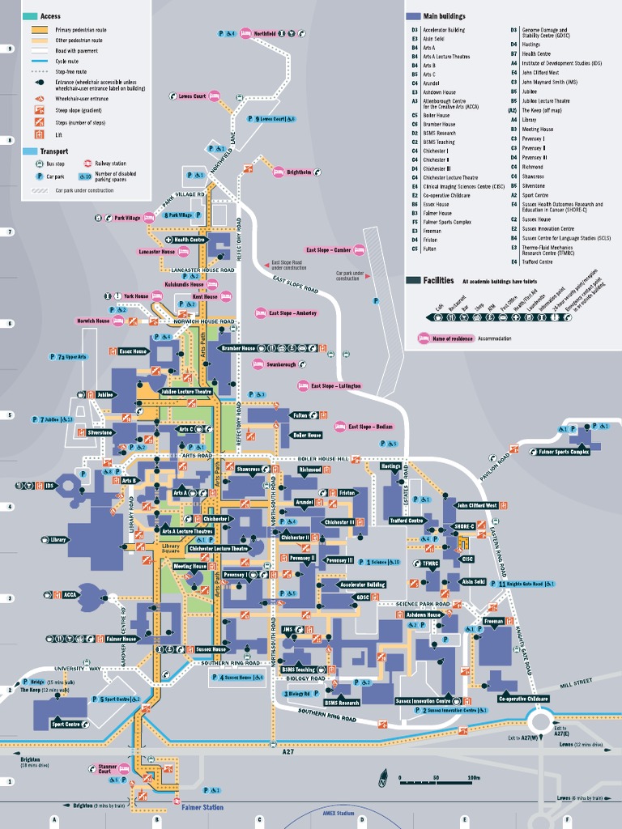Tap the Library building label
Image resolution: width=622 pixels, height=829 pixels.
pyautogui.click(x=58, y=539)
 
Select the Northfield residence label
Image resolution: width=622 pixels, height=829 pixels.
pyautogui.click(x=264, y=33)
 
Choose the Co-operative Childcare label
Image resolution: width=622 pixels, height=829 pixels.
pyautogui.click(x=523, y=699)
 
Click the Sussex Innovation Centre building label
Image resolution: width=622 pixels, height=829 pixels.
pyautogui.click(x=424, y=700)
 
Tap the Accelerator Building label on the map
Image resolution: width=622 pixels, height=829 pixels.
pyautogui.click(x=362, y=583)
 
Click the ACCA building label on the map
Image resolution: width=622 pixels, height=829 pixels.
pyautogui.click(x=70, y=594)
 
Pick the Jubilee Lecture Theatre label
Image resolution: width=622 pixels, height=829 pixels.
pyautogui.click(x=186, y=392)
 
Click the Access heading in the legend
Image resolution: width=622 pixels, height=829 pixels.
pyautogui.click(x=50, y=16)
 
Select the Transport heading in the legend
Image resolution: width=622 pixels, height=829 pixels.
pyautogui.click(x=53, y=151)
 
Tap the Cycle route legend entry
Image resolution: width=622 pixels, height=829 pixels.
pyautogui.click(x=66, y=62)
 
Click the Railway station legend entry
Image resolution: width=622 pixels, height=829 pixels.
pyautogui.click(x=110, y=164)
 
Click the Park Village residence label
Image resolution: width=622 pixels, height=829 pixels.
pyautogui.click(x=127, y=218)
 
